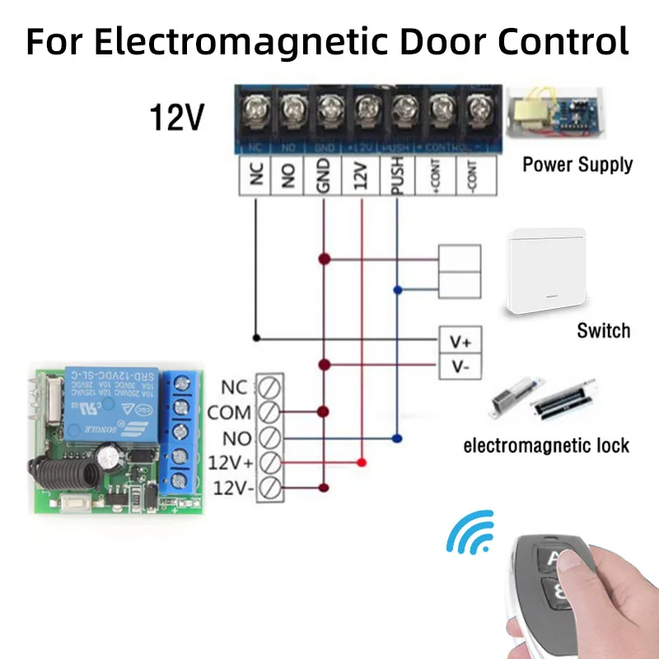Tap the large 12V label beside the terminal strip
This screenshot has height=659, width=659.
(175, 118)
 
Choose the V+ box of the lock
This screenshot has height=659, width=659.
(459, 339)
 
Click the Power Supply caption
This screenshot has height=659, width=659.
(577, 164)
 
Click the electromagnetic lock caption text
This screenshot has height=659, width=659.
(546, 446)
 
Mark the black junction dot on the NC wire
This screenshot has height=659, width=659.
(256, 337)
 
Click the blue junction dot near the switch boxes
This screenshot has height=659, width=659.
(398, 290)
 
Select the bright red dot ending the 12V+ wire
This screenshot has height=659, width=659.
(361, 463)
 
